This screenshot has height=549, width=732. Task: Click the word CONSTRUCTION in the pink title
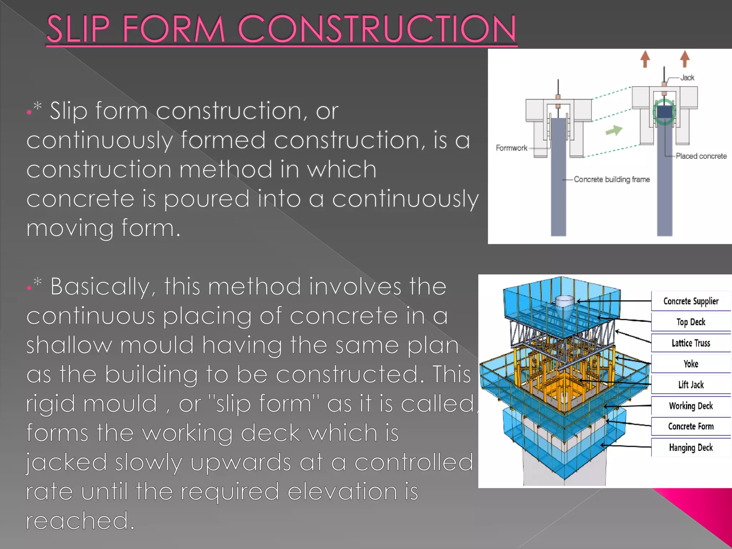click(377, 29)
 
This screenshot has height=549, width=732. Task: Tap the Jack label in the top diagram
click(687, 78)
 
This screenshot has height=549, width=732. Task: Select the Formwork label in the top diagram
click(511, 148)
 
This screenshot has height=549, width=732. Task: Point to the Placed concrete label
click(701, 156)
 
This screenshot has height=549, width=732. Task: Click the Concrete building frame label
click(612, 179)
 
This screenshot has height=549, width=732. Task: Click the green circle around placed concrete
click(664, 112)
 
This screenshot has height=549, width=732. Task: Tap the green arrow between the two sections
click(614, 130)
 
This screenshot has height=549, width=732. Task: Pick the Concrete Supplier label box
click(691, 301)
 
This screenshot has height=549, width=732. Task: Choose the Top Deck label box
click(691, 322)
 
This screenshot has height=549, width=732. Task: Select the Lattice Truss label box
click(691, 343)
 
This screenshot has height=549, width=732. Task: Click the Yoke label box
click(691, 364)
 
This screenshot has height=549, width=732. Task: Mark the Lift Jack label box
click(691, 385)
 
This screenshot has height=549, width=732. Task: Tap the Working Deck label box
click(691, 406)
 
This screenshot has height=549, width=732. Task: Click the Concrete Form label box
click(691, 426)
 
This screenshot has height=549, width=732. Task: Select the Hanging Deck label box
click(691, 447)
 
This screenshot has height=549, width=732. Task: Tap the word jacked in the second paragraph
click(66, 463)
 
